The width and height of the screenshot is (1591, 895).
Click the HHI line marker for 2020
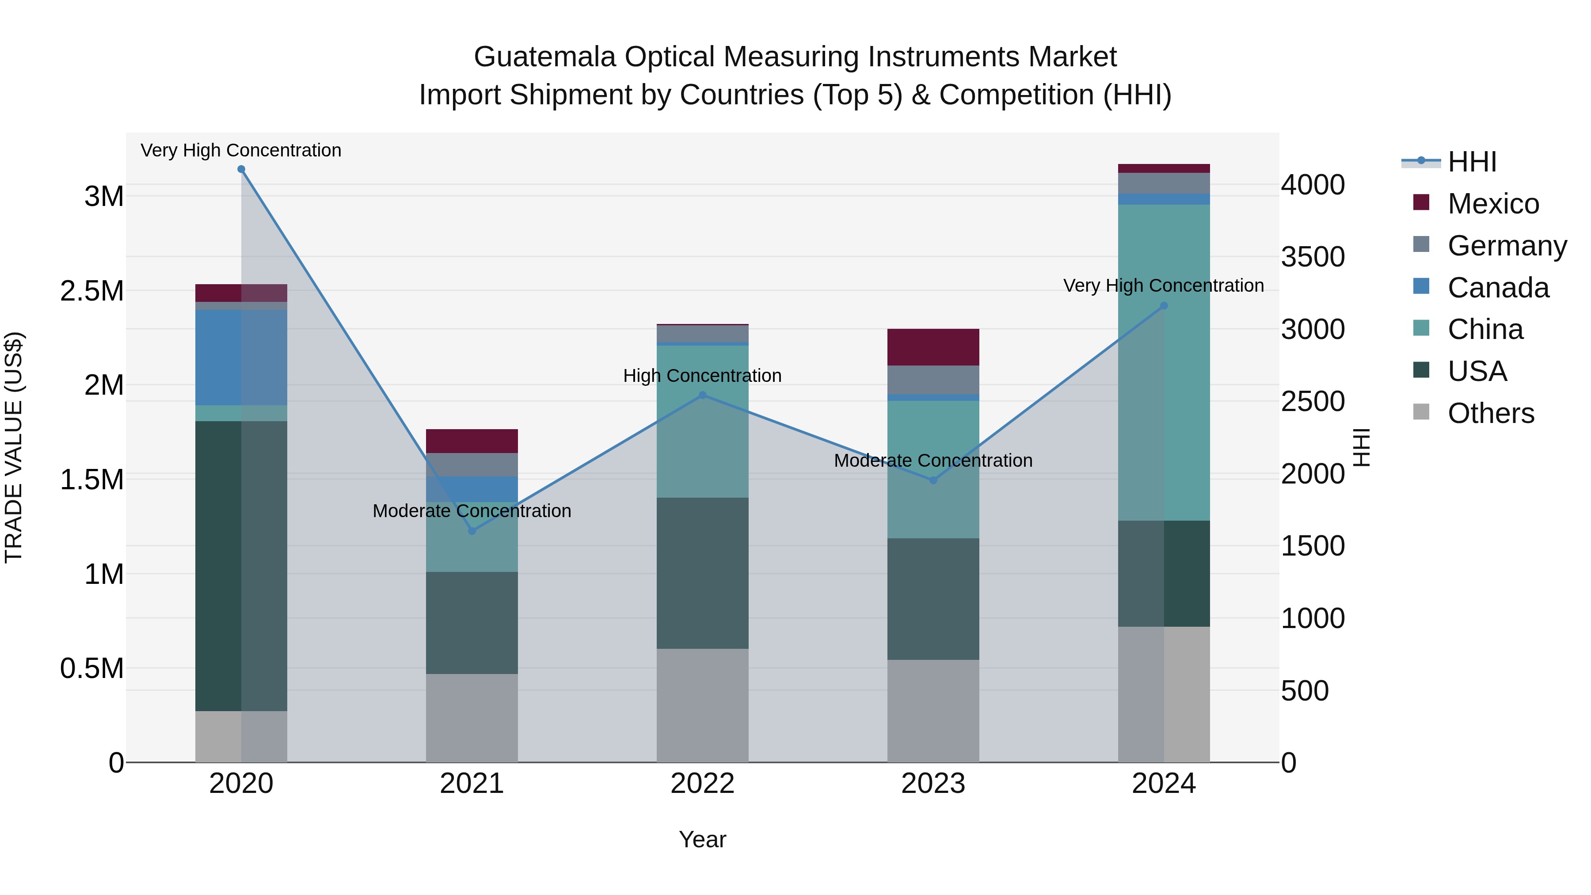pos(241,169)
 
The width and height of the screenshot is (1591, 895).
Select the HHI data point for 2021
pos(472,530)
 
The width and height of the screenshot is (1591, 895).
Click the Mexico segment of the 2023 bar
pos(933,347)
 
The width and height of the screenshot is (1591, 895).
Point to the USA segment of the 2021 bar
pos(472,623)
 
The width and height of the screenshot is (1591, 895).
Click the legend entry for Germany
pos(1507,246)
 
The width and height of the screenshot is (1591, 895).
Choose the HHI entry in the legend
pos(1471,162)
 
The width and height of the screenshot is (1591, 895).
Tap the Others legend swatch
pos(1421,412)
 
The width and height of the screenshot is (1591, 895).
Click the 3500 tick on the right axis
pos(1313,257)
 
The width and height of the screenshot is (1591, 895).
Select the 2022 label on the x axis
pos(702,784)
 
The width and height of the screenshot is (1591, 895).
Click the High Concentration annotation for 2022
pos(702,376)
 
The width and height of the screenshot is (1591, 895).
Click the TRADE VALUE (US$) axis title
pos(14,447)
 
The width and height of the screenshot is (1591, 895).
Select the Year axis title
pos(702,839)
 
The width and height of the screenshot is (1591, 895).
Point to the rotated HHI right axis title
pos(1361,447)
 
